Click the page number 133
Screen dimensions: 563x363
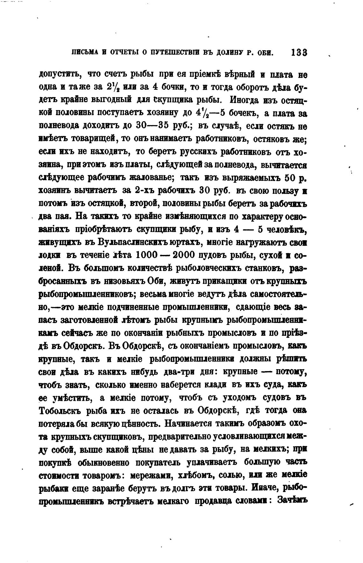pyautogui.click(x=298, y=53)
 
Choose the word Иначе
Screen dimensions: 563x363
pyautogui.click(x=264, y=488)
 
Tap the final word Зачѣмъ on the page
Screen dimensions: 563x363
pyautogui.click(x=292, y=501)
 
